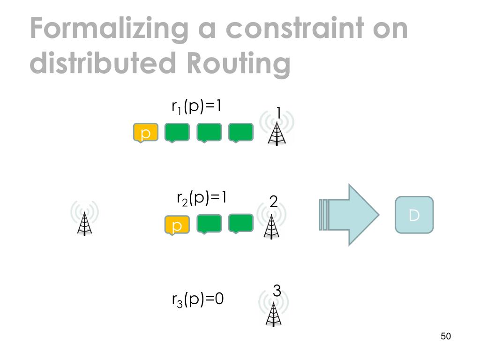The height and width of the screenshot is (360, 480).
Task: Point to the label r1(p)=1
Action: tap(196, 107)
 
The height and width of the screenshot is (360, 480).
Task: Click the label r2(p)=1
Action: tap(202, 198)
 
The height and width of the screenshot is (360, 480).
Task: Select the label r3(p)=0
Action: tap(198, 299)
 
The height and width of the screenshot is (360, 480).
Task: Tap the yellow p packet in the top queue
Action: tap(145, 133)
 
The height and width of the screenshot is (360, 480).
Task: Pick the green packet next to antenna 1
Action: tap(240, 133)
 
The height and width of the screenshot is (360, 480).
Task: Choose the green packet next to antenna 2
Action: tap(240, 224)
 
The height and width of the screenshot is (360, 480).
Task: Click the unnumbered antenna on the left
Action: tap(84, 220)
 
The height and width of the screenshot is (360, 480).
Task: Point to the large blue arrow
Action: tap(350, 215)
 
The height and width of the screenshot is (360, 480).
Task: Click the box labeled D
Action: tap(414, 215)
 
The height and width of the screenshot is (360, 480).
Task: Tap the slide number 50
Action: tap(445, 337)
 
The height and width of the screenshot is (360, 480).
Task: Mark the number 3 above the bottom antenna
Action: tap(277, 291)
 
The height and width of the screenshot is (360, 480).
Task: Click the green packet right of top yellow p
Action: tap(177, 133)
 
